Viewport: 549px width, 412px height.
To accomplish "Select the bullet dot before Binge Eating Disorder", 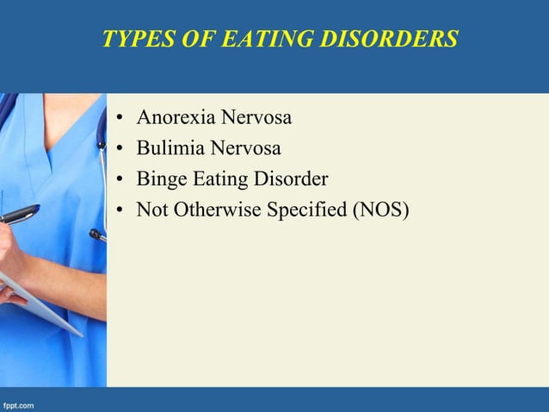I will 117,181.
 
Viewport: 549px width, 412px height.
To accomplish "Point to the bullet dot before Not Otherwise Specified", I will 117,212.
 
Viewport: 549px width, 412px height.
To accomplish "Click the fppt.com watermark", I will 19,403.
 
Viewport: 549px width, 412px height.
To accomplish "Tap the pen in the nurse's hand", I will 19,214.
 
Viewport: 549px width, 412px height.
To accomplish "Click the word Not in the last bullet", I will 152,211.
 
